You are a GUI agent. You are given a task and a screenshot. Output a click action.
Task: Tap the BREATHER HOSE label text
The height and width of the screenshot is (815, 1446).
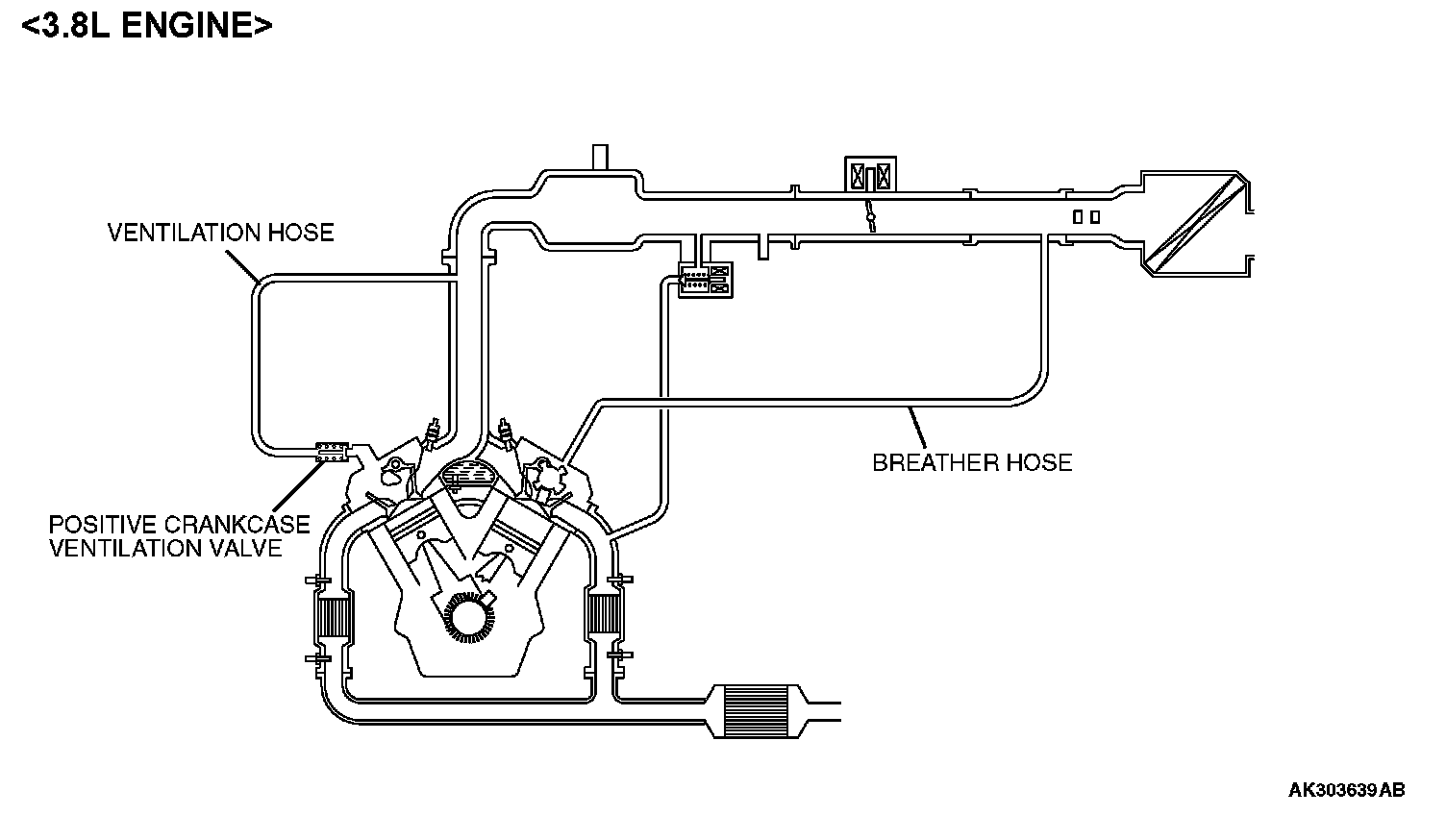click(971, 462)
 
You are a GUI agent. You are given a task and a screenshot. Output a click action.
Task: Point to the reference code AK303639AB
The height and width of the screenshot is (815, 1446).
click(1346, 790)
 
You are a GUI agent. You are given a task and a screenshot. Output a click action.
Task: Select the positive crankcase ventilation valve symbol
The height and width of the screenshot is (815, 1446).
click(332, 451)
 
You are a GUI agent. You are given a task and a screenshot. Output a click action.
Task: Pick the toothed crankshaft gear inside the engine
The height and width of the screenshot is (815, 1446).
click(467, 618)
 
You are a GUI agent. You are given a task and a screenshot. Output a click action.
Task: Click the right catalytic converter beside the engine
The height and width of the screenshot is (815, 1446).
click(603, 616)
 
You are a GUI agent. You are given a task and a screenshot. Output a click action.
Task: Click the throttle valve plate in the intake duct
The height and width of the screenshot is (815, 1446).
click(870, 217)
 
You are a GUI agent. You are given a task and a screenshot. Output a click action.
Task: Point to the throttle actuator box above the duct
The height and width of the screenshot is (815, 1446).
click(869, 176)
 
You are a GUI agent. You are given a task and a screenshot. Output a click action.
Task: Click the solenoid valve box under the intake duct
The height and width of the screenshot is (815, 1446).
click(706, 279)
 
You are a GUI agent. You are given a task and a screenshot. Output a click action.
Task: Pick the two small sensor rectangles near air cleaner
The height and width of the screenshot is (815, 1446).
click(1086, 217)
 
